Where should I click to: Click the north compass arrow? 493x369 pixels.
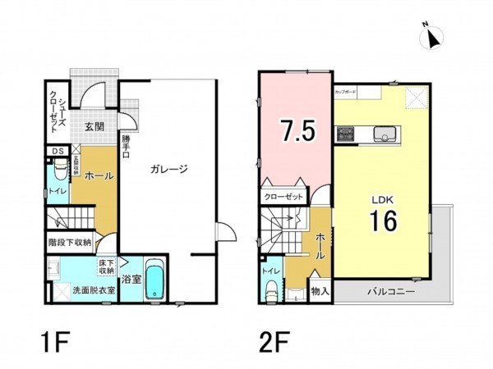pyautogui.click(x=434, y=35)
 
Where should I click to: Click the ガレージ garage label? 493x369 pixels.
pyautogui.click(x=169, y=170)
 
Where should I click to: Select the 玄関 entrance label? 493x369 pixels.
pyautogui.click(x=94, y=126)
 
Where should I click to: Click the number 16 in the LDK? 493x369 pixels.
pyautogui.click(x=383, y=221)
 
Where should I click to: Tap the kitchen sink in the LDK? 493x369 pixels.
pyautogui.click(x=385, y=134)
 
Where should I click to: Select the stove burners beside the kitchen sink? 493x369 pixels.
pyautogui.click(x=343, y=134)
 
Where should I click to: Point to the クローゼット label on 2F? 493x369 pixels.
pyautogui.click(x=283, y=197)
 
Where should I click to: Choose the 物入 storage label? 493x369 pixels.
pyautogui.click(x=320, y=290)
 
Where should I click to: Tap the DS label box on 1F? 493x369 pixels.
pyautogui.click(x=58, y=151)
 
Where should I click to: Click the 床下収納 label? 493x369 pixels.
pyautogui.click(x=107, y=266)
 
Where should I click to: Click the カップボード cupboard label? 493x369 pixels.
pyautogui.click(x=345, y=92)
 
